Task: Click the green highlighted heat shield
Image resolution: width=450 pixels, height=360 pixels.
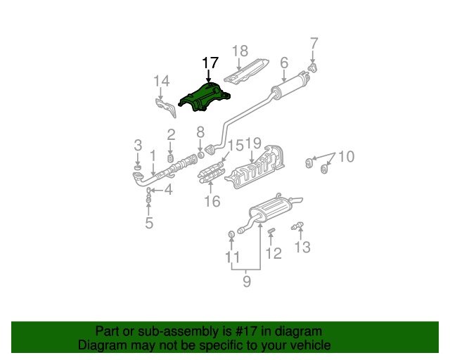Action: pos(204,98)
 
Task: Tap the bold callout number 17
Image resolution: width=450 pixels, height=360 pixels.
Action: pos(210,63)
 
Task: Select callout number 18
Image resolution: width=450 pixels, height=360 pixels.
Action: pos(240,51)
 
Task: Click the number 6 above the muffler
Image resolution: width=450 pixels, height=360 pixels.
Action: pos(284,63)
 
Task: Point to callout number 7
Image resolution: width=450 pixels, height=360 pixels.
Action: pos(314,44)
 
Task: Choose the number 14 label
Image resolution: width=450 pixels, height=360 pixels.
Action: pos(162,81)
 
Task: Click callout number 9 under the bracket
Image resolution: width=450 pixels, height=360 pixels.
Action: pos(247,281)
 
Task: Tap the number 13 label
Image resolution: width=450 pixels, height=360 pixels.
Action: pos(303,247)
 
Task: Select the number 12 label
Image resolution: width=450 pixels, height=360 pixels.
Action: pos(274,253)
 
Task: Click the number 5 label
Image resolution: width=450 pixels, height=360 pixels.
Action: pos(149,223)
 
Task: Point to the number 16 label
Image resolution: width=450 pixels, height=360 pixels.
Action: pos(212,201)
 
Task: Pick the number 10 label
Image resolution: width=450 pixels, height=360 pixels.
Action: pos(347,157)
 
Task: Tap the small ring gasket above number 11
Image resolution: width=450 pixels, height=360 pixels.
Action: pos(231,235)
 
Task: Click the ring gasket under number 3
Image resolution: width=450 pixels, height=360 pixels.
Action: pos(138,167)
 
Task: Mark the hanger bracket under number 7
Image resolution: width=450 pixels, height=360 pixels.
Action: pos(312,68)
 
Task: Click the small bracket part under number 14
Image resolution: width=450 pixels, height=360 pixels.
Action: pos(166,108)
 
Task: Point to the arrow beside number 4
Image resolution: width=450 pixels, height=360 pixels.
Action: pos(157,190)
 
